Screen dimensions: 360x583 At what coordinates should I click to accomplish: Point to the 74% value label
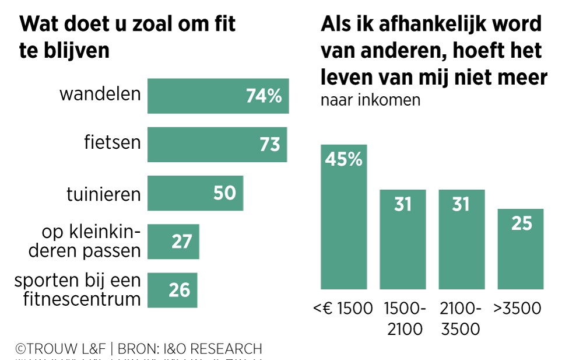tap(264, 96)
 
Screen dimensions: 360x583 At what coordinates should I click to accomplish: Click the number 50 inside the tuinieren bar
tap(224, 193)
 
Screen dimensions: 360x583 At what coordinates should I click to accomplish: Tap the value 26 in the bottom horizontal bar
tap(180, 290)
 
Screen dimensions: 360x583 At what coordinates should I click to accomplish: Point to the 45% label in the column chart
tap(343, 159)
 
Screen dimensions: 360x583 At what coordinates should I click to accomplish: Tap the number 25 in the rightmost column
tap(521, 223)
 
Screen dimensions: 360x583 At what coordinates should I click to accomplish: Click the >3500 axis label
tap(517, 308)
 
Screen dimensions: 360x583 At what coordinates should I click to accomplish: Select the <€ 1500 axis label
tap(343, 308)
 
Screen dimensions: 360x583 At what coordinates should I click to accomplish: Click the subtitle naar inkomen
tap(370, 100)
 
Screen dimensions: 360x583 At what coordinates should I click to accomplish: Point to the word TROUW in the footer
tap(53, 349)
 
